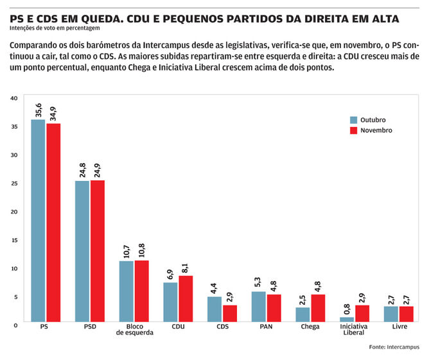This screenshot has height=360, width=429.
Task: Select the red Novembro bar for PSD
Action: [x=98, y=250]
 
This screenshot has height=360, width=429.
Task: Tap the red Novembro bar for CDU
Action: [x=186, y=298]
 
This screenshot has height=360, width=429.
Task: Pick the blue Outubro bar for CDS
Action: [x=214, y=309]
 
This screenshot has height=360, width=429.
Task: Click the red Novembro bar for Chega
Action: [x=317, y=307]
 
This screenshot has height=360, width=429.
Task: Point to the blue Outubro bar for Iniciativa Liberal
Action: [x=346, y=319]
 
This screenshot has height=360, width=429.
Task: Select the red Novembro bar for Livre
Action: [x=405, y=314]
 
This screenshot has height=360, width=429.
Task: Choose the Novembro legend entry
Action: [x=370, y=130]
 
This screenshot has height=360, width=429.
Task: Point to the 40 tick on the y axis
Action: [x=13, y=98]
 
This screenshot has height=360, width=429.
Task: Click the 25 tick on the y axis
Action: [x=13, y=183]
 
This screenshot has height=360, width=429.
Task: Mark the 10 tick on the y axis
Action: [x=13, y=268]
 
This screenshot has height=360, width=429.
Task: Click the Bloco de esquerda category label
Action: [x=134, y=330]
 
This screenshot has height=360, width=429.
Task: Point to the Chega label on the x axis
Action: [x=310, y=327]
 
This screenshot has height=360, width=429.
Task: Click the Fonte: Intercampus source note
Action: [x=394, y=347]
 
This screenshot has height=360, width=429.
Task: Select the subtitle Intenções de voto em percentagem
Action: [x=55, y=28]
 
